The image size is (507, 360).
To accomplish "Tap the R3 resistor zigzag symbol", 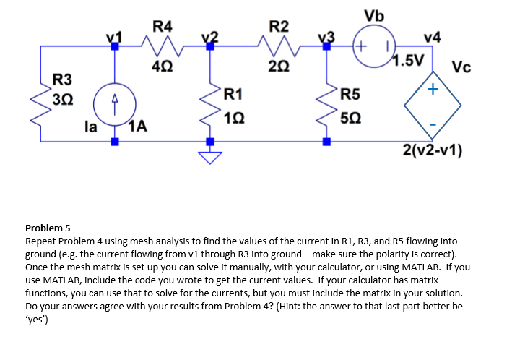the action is (40, 105).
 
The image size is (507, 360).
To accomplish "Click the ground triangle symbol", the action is (210, 158).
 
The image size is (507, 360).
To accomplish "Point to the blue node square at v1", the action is (115, 46).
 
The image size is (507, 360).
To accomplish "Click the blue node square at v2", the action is (210, 46).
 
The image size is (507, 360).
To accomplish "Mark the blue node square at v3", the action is (326, 46).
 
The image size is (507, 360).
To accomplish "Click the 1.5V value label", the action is (408, 60).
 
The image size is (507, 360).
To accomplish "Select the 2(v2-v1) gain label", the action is (433, 150).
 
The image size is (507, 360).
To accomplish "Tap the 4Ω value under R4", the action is (162, 67).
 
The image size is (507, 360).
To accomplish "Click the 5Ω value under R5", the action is (351, 118).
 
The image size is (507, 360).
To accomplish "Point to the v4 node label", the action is (433, 38).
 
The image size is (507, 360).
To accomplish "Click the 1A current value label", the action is (138, 127).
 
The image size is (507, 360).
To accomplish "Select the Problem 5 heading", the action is (48, 228).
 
